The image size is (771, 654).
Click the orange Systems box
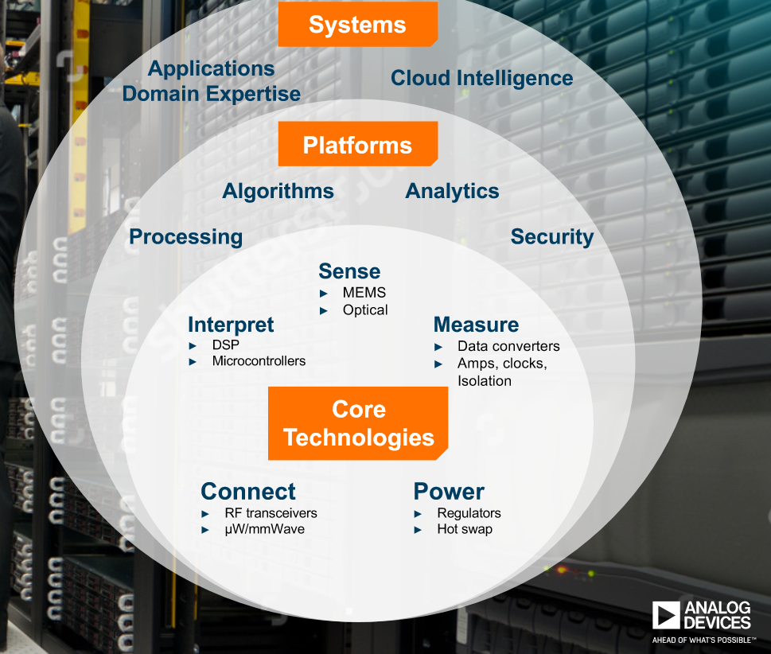[357, 25]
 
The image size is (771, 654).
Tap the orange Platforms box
[357, 145]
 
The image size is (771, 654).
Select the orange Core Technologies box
[358, 423]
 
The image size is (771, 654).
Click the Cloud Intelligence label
[481, 78]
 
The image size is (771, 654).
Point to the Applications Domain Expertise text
[211, 81]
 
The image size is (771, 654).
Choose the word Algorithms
[278, 191]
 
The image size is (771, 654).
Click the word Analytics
[452, 191]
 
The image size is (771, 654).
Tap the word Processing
[185, 236]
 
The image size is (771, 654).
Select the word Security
[551, 236]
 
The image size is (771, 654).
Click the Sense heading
[349, 271]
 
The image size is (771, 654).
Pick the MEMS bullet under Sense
[364, 292]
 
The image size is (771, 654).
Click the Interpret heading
[231, 325]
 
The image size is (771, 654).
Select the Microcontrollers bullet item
[258, 361]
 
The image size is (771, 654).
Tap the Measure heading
[476, 325]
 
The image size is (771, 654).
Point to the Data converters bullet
[508, 346]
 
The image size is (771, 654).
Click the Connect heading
[247, 491]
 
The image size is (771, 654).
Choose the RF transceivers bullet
[270, 513]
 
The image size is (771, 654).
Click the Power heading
[449, 491]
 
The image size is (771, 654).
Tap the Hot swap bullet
[464, 529]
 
